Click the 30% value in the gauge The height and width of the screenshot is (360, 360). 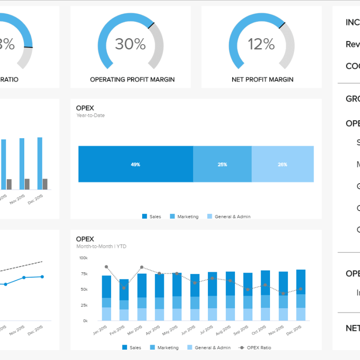tap(130, 44)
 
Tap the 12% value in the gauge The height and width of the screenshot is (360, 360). tap(261, 44)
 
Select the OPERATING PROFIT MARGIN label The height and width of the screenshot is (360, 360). tap(132, 80)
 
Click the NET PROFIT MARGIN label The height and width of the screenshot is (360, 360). tap(262, 80)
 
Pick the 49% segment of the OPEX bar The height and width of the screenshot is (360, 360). tap(135, 164)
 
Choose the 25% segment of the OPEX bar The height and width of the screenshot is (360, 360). tap(222, 164)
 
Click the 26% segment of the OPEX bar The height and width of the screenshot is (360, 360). tap(283, 164)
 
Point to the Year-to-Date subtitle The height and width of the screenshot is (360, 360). tap(90, 116)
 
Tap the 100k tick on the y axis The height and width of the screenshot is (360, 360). tap(83, 258)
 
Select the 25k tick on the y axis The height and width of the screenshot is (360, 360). tap(84, 306)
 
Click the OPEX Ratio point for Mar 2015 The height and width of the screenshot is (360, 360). tap(142, 267)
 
